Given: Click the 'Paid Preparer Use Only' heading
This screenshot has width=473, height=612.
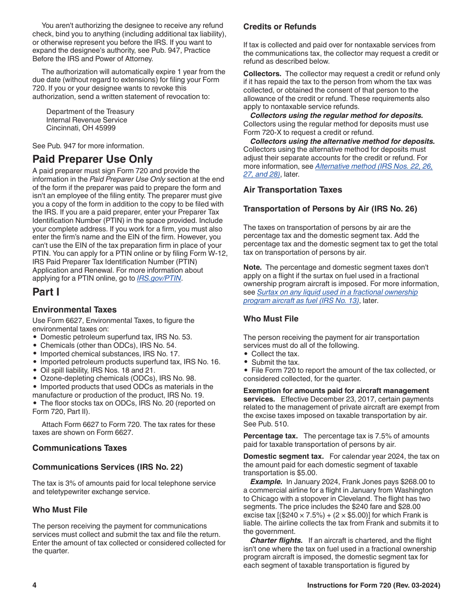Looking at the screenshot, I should pos(93,159).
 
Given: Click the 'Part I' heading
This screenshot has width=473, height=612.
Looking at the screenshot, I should pos(46,292).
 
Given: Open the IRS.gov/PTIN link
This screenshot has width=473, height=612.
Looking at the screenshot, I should pos(159,279).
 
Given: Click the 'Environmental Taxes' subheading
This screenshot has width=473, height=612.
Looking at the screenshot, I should pos(75,309).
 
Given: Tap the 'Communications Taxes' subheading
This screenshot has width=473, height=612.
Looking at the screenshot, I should pos(80,448).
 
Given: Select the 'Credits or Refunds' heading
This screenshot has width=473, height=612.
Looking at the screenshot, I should pos(280,27).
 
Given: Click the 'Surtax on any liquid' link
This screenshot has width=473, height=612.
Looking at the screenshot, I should pos(337,293).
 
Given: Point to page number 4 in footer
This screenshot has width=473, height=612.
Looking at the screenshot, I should pos(35,585).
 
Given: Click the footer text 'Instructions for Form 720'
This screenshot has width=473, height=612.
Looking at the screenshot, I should pos(373,585).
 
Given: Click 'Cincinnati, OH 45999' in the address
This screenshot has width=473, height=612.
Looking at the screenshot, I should pos(81,128).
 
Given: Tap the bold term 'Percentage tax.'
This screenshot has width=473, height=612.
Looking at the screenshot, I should pos(270,436).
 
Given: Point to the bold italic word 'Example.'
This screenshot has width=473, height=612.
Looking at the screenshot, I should pos(266,482).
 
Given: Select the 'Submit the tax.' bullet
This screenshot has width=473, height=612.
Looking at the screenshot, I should pos(275,362).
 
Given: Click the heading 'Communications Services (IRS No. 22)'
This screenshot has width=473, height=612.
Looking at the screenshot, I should pos(108,467).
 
